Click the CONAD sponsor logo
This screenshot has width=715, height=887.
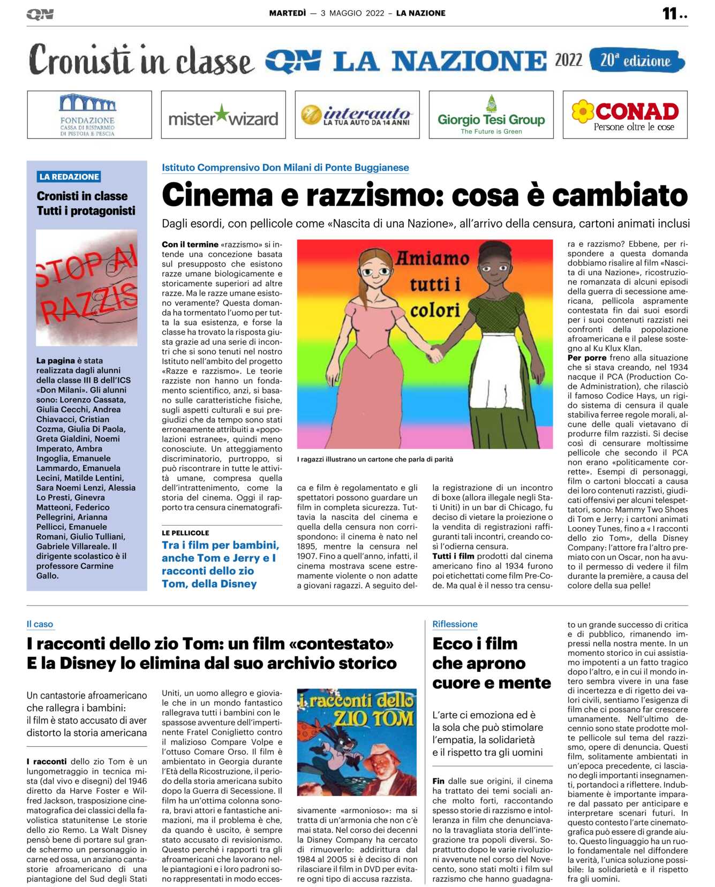point(625,115)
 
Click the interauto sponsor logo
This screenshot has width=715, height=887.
point(357,115)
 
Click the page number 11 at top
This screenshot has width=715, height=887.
point(670,13)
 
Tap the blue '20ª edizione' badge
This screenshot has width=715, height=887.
point(636,60)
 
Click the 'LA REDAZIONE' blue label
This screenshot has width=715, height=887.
point(69,177)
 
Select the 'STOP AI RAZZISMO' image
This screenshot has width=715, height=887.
point(86,287)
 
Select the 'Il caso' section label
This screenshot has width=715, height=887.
point(40,624)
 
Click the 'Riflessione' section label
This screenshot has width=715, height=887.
point(455,624)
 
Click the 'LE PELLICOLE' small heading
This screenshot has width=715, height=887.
point(185,533)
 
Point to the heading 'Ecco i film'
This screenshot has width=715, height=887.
point(475,643)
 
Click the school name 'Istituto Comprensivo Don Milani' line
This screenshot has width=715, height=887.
point(285,168)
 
